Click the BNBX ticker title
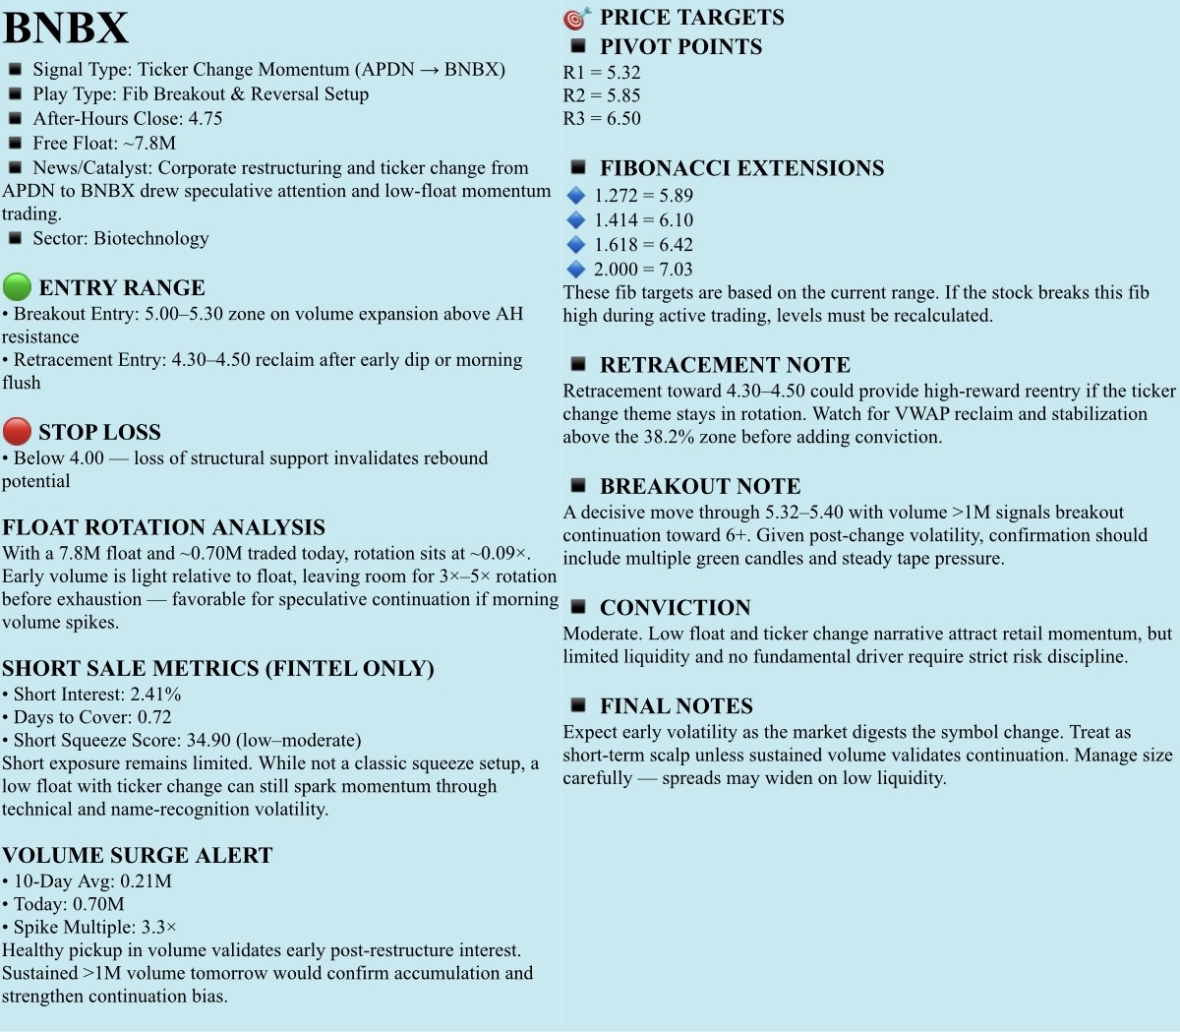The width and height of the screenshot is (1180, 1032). [x=65, y=28]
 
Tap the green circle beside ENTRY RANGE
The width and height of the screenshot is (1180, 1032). [x=17, y=287]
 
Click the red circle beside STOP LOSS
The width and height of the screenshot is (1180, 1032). [x=17, y=431]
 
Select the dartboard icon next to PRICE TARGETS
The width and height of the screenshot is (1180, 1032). [x=576, y=18]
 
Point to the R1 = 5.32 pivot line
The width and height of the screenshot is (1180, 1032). [x=602, y=72]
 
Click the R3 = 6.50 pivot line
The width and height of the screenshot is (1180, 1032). [x=602, y=118]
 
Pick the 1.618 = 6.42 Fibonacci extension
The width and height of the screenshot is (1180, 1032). [x=643, y=244]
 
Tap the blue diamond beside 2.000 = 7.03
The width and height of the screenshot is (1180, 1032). [x=576, y=269]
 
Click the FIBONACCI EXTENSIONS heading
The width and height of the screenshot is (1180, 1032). [x=741, y=167]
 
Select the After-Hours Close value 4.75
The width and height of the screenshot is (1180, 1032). [x=206, y=118]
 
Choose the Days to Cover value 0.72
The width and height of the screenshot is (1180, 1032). [x=154, y=716]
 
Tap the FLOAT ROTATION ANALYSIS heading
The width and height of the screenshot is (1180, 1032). [x=163, y=527]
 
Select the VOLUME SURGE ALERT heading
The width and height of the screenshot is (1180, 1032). [x=137, y=855]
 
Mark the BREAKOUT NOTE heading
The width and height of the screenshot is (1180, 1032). [x=700, y=486]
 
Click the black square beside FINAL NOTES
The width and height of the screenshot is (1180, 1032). [x=578, y=704]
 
